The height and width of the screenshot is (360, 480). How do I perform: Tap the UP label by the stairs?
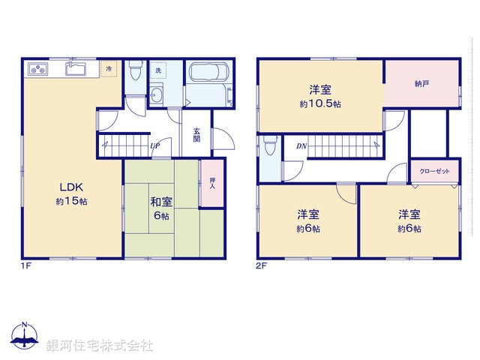[154, 145]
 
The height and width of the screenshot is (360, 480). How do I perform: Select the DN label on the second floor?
[300, 145]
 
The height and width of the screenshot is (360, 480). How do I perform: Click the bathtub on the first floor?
[208, 75]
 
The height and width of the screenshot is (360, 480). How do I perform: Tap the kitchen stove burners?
[38, 70]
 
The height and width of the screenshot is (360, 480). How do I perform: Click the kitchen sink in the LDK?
[76, 69]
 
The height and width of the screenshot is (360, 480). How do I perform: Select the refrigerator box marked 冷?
[109, 70]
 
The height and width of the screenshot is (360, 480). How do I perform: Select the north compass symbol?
[24, 337]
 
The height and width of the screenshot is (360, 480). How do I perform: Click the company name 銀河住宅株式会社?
[100, 345]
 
